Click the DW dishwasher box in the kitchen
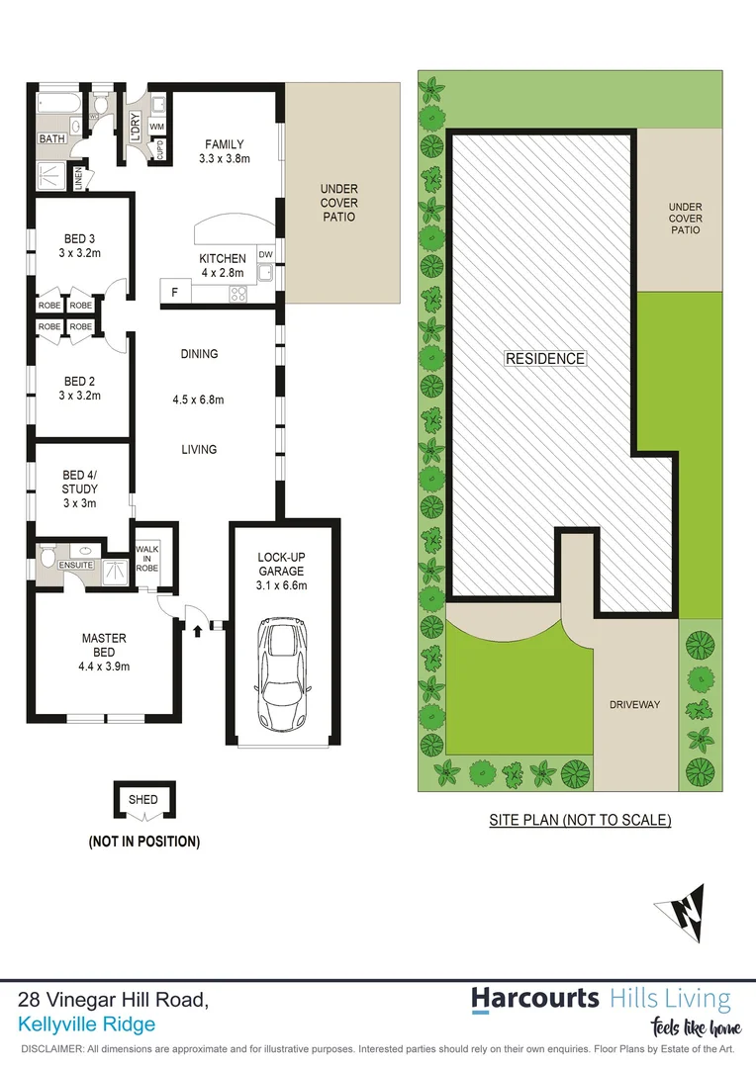click(x=265, y=255)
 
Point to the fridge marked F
click(x=175, y=292)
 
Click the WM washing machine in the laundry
click(x=156, y=128)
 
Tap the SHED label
click(x=142, y=799)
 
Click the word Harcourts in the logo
click(x=535, y=998)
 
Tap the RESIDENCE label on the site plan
click(x=545, y=359)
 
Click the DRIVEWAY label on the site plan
click(x=634, y=705)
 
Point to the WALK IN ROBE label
click(x=147, y=558)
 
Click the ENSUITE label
click(x=77, y=565)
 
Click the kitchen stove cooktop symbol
click(x=238, y=293)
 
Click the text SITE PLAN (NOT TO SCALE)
click(x=581, y=820)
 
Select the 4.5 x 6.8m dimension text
click(x=198, y=400)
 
